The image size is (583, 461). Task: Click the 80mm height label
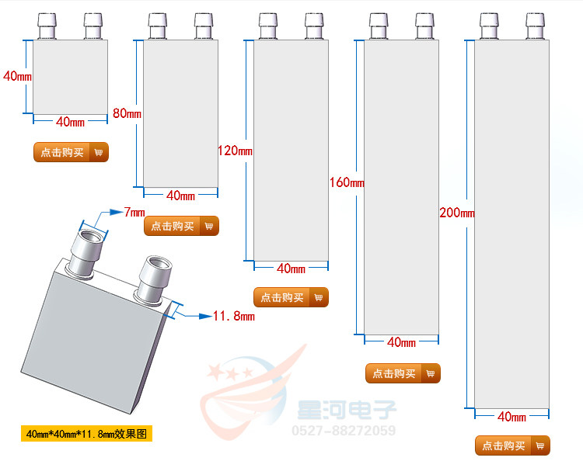coord(127,113)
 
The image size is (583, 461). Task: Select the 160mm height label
coord(346,183)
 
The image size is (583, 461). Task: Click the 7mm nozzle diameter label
coord(134,212)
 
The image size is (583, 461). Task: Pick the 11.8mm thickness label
coord(233,316)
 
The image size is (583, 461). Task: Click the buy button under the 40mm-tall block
coord(71,152)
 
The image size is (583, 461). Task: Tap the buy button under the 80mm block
coord(181,226)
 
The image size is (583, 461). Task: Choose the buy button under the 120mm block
coord(291,297)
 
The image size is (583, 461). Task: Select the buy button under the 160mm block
coord(403,373)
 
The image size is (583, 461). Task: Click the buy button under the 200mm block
coord(512,445)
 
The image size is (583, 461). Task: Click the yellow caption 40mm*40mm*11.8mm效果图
coord(86,433)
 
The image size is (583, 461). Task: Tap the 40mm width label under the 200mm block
coord(511,417)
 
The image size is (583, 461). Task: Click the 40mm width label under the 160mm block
coord(401,342)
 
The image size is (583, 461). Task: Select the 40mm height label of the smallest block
coord(17,76)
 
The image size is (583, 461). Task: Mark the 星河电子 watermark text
coord(347,410)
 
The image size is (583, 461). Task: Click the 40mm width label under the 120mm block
coord(291,269)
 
